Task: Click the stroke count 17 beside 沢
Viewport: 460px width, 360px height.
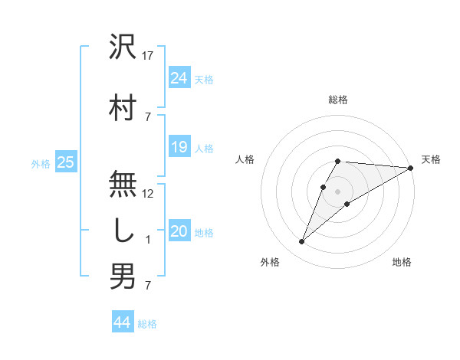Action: point(148,56)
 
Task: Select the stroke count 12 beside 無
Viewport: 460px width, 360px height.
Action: point(148,194)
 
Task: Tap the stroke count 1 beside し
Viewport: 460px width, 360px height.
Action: point(148,240)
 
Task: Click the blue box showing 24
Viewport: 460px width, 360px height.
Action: point(179,77)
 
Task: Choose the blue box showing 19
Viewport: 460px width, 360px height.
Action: point(179,147)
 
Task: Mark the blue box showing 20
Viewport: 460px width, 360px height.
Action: point(179,231)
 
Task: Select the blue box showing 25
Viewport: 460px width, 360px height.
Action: point(65,162)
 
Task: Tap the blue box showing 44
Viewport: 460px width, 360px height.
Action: point(122,322)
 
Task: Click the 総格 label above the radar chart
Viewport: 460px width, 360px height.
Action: point(337,100)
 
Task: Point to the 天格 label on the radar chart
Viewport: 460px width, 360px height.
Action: point(431,159)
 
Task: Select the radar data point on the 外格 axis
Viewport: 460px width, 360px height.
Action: point(301,242)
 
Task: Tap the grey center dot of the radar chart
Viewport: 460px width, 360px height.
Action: point(337,191)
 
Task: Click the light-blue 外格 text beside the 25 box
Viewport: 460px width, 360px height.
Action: point(41,163)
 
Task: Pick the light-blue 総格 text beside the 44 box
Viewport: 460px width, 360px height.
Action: point(148,324)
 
